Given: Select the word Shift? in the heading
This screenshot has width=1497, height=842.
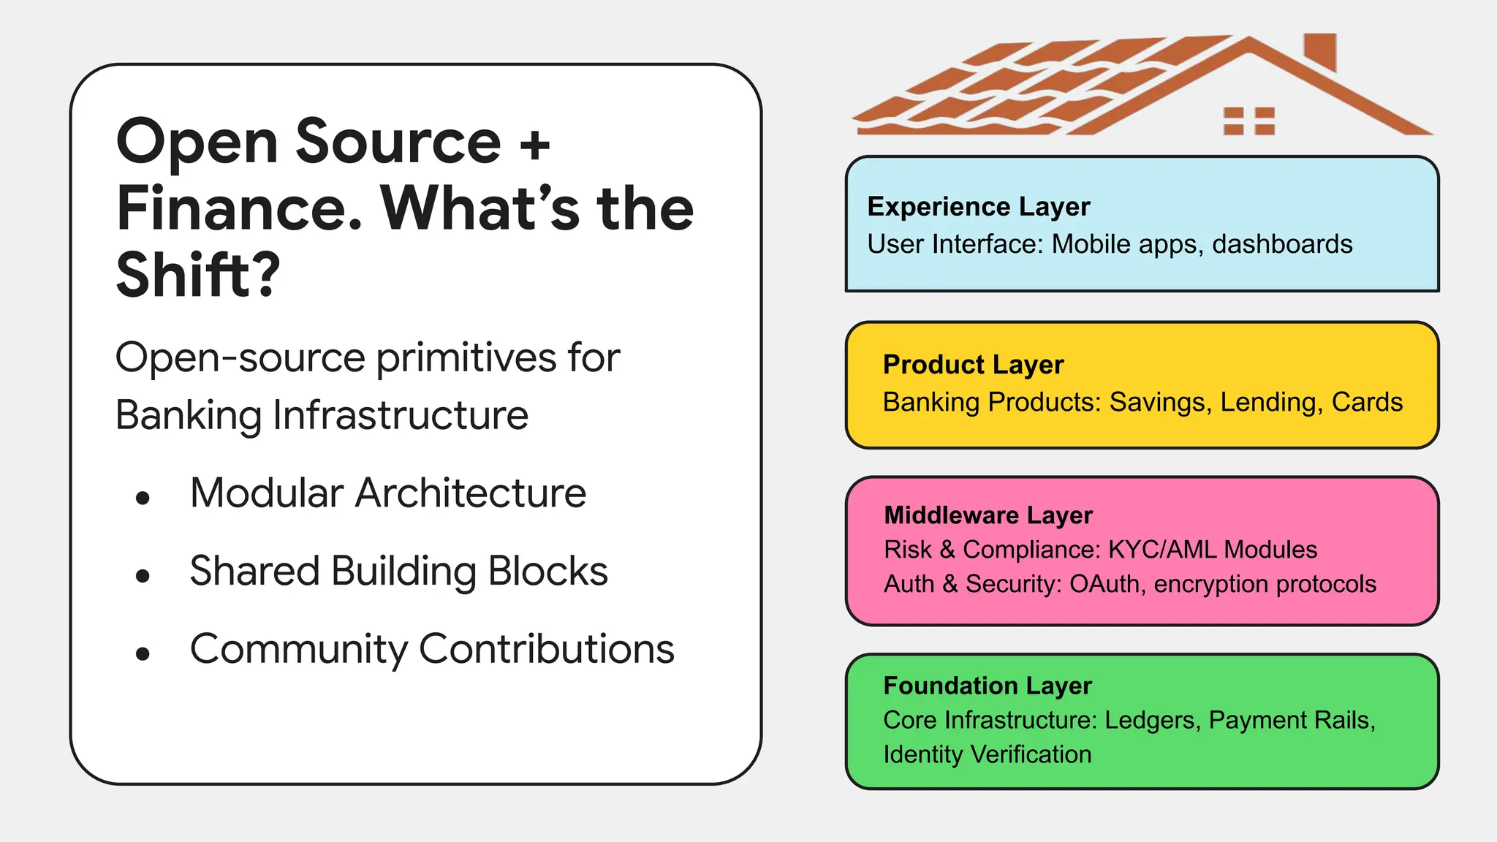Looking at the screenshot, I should point(198,276).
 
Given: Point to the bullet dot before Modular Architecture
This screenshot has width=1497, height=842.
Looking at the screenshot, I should point(143,498).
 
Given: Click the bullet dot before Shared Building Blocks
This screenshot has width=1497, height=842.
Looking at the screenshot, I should point(143,576).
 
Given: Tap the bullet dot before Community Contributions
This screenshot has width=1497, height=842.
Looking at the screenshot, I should point(143,653).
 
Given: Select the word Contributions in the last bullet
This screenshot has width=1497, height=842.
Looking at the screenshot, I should point(546,649).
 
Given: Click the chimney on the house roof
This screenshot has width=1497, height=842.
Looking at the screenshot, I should point(1320,51).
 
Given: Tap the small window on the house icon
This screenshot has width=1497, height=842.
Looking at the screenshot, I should point(1249,121).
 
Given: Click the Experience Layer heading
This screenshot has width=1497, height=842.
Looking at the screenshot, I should point(978,207).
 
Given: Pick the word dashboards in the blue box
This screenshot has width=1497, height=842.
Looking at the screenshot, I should point(1282,244).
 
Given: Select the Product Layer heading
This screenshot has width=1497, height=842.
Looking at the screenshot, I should point(973,365).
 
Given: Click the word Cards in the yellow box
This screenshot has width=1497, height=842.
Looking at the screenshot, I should point(1367,402).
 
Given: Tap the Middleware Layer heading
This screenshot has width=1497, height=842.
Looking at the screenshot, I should point(988,515).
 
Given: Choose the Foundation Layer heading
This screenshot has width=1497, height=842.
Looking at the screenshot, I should point(987,686).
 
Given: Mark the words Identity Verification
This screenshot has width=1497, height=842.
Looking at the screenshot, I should point(987,754).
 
